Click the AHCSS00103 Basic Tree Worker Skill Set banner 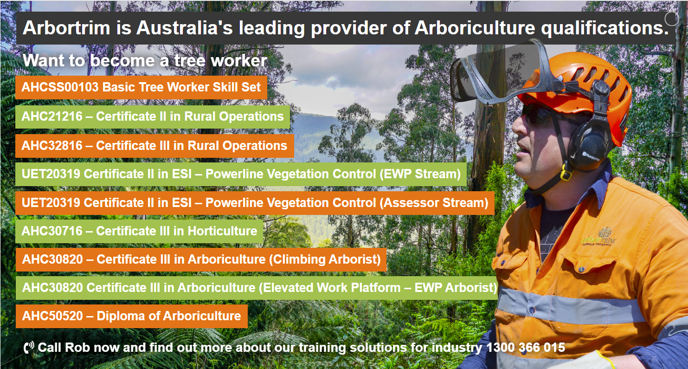[x=141, y=87]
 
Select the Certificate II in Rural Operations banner [x=153, y=117]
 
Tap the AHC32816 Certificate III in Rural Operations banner [x=154, y=146]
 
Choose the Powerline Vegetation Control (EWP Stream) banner [x=241, y=174]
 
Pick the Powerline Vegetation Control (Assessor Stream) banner [x=255, y=203]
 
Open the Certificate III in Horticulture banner [x=139, y=231]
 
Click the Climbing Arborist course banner [x=201, y=259]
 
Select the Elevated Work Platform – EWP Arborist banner [x=257, y=288]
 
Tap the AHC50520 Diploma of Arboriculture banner [x=131, y=316]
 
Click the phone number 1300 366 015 [x=526, y=348]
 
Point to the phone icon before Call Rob [x=29, y=348]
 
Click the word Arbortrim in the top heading [x=66, y=28]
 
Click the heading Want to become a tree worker [x=145, y=60]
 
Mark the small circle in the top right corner [x=671, y=19]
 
